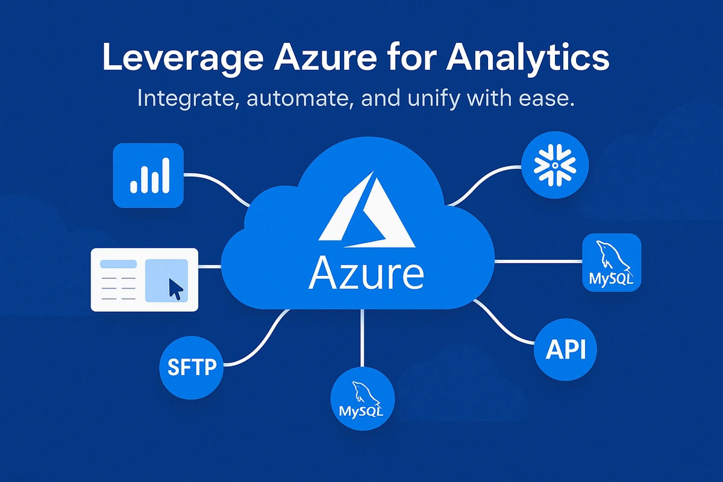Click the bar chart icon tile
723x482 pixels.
click(x=148, y=175)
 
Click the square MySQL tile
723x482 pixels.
click(x=612, y=263)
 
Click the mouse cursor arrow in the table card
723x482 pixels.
click(x=175, y=289)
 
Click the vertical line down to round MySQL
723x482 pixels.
click(x=362, y=337)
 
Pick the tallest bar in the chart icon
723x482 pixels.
click(x=164, y=175)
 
